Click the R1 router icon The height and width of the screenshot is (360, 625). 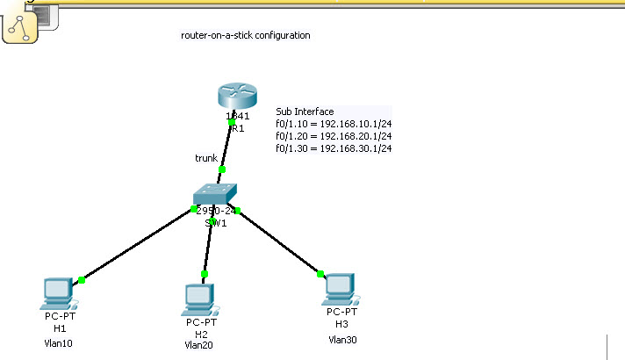[x=234, y=97]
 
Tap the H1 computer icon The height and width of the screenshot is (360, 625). [x=59, y=292]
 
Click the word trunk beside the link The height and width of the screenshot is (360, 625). [x=206, y=158]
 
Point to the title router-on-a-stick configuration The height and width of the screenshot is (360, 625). [x=245, y=36]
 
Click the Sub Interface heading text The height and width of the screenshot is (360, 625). [x=305, y=112]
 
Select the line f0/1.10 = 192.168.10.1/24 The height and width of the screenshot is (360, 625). [x=334, y=124]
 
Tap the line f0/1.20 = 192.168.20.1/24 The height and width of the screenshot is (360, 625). [x=334, y=136]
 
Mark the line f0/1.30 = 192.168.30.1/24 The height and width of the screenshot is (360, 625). [x=334, y=148]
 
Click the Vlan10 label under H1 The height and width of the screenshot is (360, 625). [x=58, y=343]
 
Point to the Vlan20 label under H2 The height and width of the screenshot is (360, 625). [x=199, y=345]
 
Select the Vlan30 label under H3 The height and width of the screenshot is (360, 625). [x=343, y=339]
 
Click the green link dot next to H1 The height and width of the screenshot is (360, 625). [x=82, y=280]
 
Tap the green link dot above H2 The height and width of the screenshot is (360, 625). [x=205, y=274]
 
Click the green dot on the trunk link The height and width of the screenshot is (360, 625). [x=222, y=169]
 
